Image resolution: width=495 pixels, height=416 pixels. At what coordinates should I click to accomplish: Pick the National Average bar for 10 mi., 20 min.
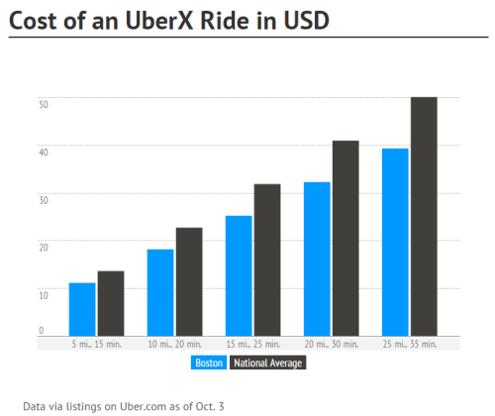(x=189, y=281)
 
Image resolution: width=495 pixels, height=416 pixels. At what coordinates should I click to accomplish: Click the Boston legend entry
(x=208, y=364)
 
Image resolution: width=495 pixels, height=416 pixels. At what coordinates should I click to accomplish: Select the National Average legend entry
(x=267, y=364)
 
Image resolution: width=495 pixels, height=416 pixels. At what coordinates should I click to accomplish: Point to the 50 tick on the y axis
(x=43, y=103)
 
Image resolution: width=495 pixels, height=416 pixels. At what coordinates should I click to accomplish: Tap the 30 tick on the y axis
(x=43, y=199)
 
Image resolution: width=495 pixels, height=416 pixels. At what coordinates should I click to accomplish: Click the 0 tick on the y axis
(x=42, y=330)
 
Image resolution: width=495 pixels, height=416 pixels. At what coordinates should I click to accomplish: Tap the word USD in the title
(x=302, y=20)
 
